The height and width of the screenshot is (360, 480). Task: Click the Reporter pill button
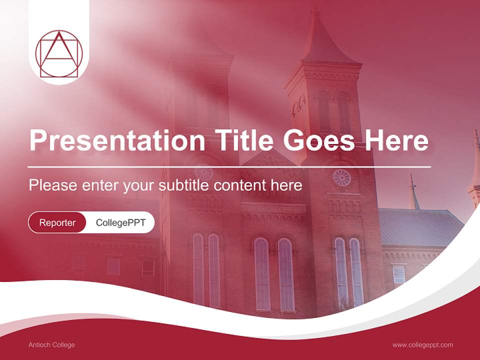tap(57, 222)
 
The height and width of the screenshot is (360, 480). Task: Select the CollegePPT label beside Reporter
tap(120, 222)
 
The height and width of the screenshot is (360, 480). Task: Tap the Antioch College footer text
tap(52, 344)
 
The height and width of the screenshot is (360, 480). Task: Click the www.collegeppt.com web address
tap(422, 344)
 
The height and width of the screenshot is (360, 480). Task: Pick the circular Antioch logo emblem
tap(59, 54)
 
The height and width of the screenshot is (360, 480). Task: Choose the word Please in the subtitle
tap(52, 185)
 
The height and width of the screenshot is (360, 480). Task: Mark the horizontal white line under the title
tap(229, 166)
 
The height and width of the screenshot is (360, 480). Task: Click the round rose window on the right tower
tap(342, 177)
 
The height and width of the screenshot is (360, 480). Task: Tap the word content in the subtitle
tap(241, 185)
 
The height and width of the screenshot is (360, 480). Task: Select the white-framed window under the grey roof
tap(398, 274)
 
